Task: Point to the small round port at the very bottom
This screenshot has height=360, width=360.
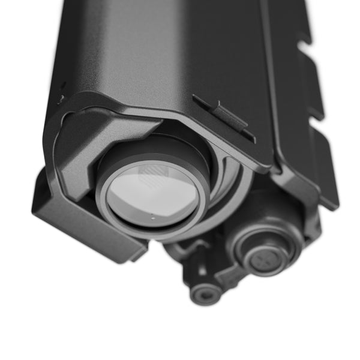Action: click(x=204, y=294)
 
